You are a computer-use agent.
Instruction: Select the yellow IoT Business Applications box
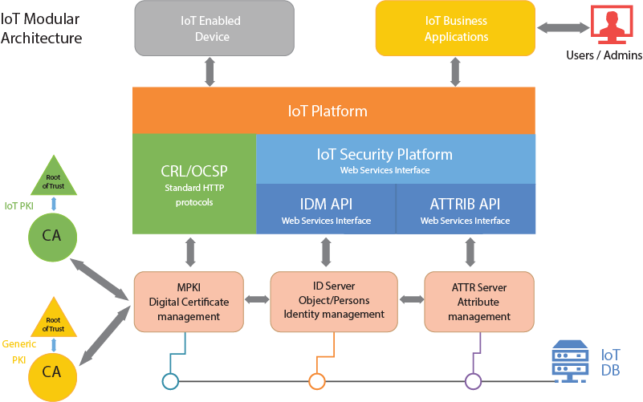coord(455,29)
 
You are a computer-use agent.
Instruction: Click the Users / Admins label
coord(604,55)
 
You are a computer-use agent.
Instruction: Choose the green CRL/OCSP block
coord(194,185)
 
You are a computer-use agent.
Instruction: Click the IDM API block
coord(326,209)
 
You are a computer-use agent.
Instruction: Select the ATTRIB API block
coord(466,209)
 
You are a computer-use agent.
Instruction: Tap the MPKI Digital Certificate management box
coord(189,302)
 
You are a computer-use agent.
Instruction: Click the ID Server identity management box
coord(334,300)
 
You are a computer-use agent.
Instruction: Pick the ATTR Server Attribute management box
coord(478,302)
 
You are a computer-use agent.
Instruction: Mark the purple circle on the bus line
coord(473,380)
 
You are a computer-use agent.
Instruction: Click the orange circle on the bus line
coord(316,380)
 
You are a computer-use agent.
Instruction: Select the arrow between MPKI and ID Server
coord(257,300)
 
